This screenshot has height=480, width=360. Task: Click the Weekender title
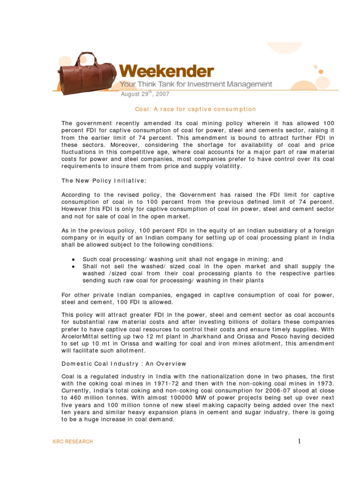coord(166,72)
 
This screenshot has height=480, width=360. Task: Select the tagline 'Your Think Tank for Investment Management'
coord(195,84)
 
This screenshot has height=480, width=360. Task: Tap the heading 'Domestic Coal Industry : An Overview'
coord(124,363)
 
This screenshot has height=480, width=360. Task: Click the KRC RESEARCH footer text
coord(73,442)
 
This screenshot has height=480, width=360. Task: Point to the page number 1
coord(298,441)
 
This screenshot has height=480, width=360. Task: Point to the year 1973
coord(324,383)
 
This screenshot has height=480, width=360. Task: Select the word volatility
coord(226,166)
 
